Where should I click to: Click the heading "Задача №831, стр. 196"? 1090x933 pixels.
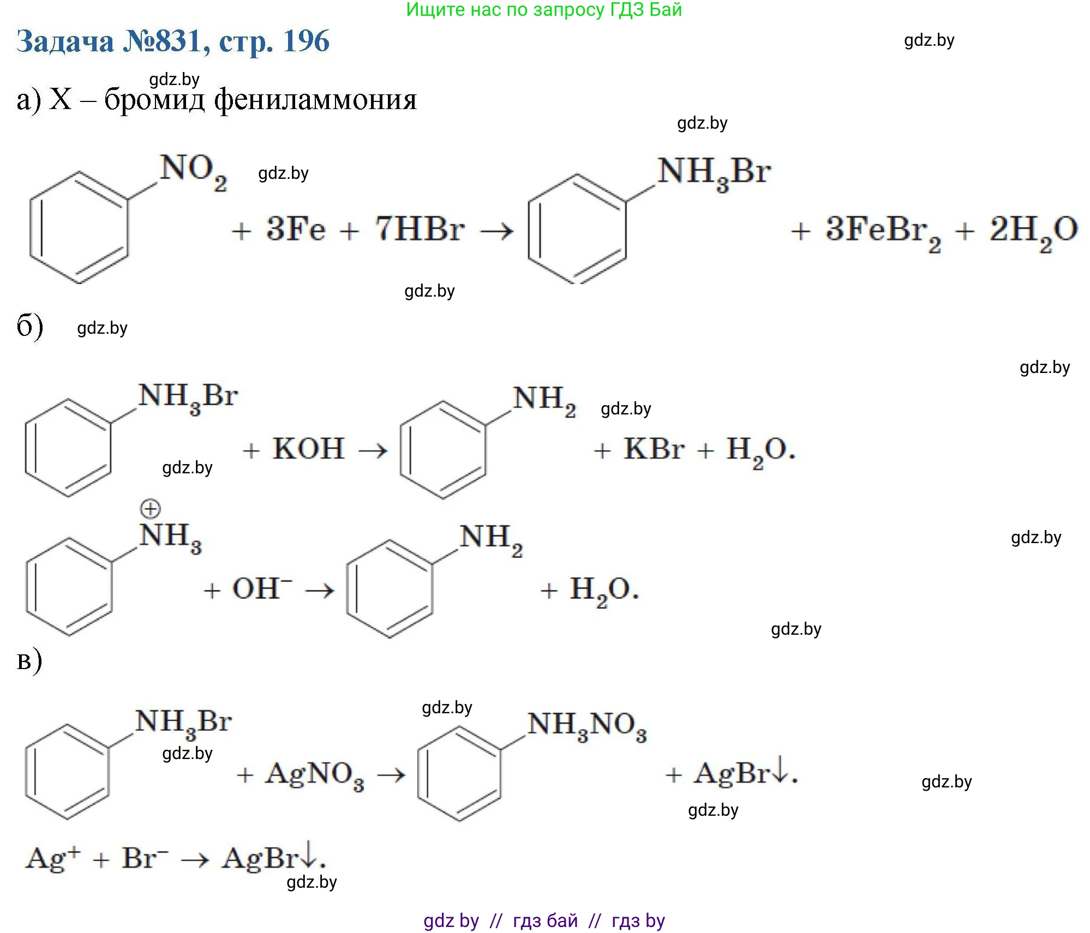click(x=173, y=41)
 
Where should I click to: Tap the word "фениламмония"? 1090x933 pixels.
click(x=315, y=100)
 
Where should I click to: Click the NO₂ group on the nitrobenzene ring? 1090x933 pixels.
click(x=193, y=172)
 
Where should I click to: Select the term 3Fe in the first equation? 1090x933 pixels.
click(x=295, y=229)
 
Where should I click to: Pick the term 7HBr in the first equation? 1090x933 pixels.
click(x=420, y=229)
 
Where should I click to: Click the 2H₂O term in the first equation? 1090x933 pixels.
click(x=1033, y=230)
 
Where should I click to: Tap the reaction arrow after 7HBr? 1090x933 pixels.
click(x=496, y=231)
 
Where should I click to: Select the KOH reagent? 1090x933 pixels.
click(x=308, y=449)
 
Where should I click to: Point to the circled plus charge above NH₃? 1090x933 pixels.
click(x=150, y=509)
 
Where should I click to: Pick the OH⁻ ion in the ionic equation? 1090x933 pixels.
click(x=262, y=588)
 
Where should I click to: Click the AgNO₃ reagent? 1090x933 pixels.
click(x=314, y=774)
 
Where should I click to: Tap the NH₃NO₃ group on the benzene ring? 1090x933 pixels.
click(x=586, y=727)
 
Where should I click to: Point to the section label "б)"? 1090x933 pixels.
click(x=29, y=327)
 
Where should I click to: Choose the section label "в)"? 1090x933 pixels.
click(x=29, y=660)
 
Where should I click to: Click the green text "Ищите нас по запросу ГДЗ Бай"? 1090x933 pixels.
click(x=544, y=10)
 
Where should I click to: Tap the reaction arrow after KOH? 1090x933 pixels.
click(x=373, y=451)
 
